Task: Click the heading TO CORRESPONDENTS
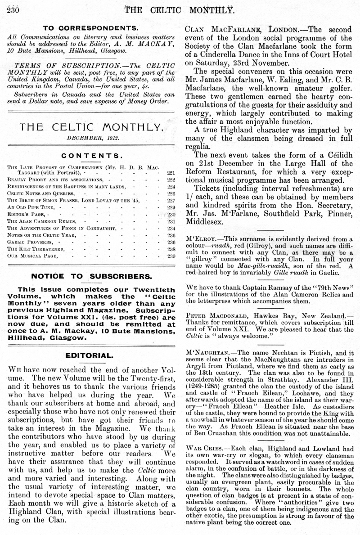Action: pos(87,28)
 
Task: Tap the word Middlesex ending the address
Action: pos(206,222)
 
